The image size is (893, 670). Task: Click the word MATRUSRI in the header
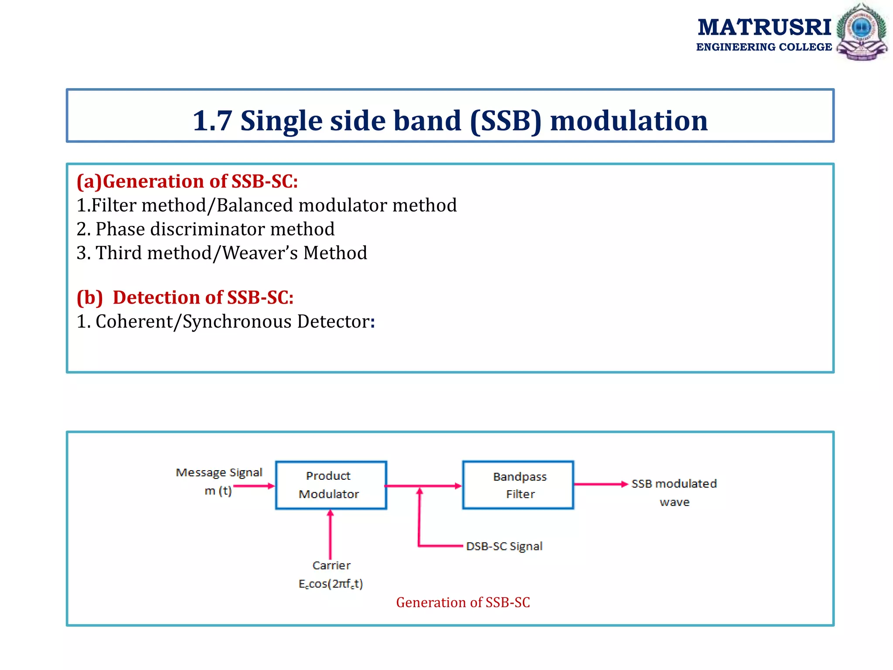(x=764, y=27)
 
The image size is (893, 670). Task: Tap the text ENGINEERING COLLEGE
(x=764, y=47)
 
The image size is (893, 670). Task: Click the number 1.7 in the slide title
(x=212, y=120)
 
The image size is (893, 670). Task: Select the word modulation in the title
(x=628, y=120)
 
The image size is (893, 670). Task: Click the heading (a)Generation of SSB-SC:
(x=187, y=181)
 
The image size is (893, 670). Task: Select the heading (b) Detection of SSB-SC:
(x=185, y=297)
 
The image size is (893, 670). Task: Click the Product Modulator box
(x=331, y=485)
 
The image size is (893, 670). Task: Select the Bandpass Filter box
(x=518, y=485)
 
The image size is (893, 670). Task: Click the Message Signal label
(x=219, y=472)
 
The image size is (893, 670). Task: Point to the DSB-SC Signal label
(x=504, y=546)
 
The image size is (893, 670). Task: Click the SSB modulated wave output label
(x=674, y=492)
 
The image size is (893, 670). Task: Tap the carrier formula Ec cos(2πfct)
(x=331, y=584)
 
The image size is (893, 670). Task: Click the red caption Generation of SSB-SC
(x=463, y=602)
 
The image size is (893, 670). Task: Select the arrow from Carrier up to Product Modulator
(x=330, y=534)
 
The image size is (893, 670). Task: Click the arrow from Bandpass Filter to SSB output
(x=600, y=484)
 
